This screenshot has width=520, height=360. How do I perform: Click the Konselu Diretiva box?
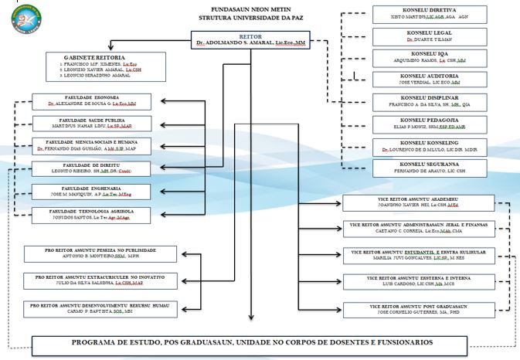point(417,14)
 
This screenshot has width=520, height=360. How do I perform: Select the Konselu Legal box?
point(417,36)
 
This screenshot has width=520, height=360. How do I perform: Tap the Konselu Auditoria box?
point(417,79)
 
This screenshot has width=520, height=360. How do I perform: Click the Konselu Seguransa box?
point(417,167)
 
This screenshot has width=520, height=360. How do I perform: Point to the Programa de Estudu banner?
point(252,342)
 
